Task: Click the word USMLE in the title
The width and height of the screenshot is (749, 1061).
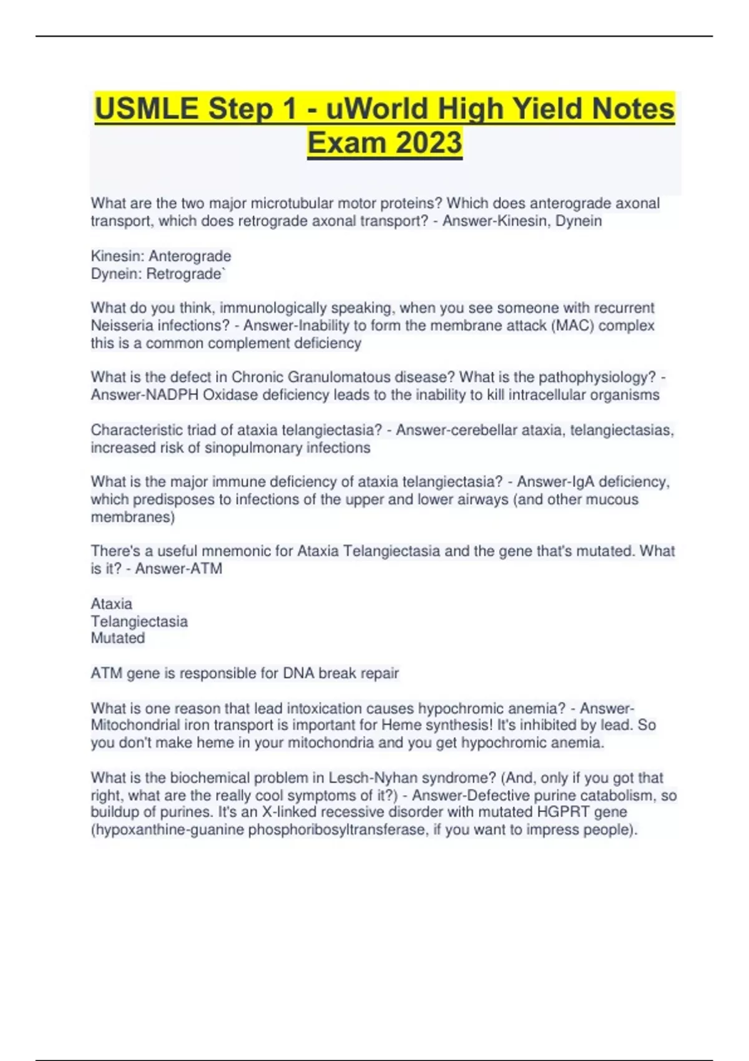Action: [147, 109]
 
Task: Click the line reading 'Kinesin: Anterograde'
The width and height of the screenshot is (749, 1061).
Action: [161, 256]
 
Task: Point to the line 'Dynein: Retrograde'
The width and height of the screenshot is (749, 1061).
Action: [157, 273]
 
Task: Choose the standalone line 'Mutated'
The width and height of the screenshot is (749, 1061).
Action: [118, 638]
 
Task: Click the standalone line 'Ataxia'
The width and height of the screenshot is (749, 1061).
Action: [112, 604]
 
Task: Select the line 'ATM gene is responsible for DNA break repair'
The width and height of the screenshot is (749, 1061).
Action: [245, 673]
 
